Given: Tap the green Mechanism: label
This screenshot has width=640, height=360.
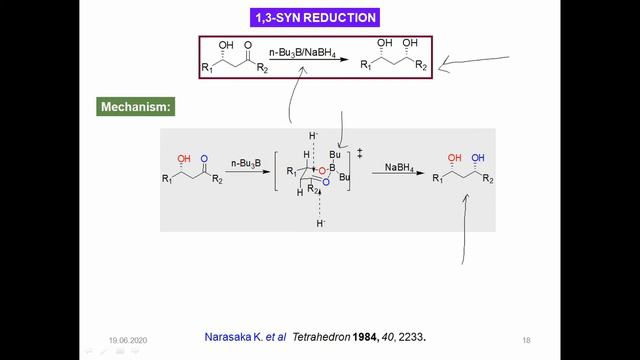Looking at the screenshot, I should tap(137, 106).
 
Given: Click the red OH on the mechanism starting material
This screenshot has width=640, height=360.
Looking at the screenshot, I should tap(183, 159).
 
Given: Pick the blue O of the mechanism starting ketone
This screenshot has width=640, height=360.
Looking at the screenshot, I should tap(204, 158).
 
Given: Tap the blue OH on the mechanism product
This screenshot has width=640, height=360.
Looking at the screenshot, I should tap(478, 158).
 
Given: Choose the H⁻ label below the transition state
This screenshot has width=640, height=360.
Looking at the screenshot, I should tap(321, 223).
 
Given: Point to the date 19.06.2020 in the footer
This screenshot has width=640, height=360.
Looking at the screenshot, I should tap(128, 339).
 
